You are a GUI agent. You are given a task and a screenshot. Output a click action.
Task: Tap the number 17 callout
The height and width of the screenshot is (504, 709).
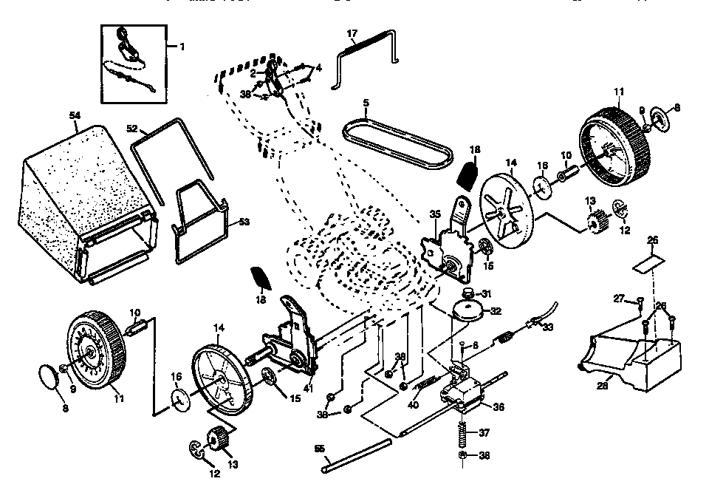pos(352,33)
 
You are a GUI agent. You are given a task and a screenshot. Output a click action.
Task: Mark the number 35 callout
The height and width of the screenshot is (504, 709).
pos(435,214)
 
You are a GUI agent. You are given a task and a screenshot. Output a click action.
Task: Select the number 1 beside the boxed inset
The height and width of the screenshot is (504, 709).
pos(182,46)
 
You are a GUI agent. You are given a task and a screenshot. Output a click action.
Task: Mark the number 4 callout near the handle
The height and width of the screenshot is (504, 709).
pos(319,68)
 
